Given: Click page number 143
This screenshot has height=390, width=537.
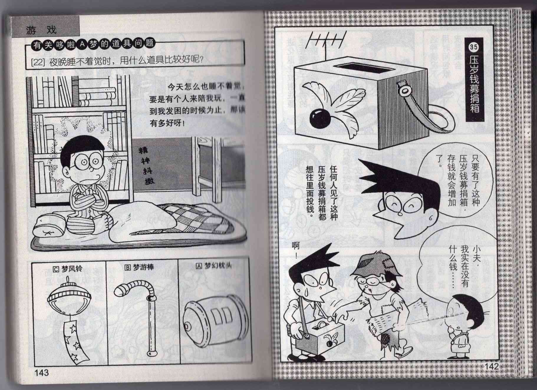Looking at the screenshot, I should (41, 373).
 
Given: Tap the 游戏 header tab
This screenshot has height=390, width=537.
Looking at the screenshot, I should (41, 29).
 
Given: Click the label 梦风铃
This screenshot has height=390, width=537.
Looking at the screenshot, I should (68, 269).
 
